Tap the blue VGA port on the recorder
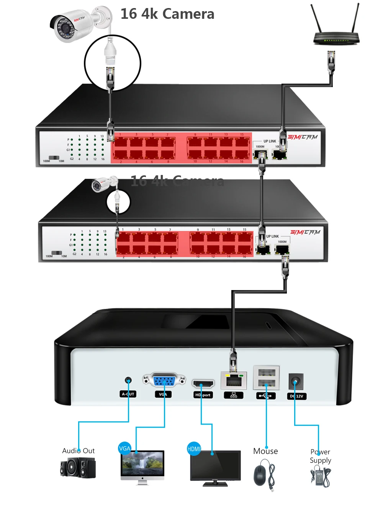tap(164, 381)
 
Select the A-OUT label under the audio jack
tap(128, 394)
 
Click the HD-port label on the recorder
tap(203, 395)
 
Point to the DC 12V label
tap(296, 396)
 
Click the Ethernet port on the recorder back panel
tap(234, 380)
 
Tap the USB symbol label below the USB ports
tap(265, 396)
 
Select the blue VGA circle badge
tap(125, 448)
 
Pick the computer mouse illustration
tap(260, 476)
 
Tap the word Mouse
tap(265, 451)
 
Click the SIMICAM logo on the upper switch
tap(303, 137)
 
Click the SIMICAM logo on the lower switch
tap(305, 232)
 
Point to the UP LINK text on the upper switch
tap(270, 141)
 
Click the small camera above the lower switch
tap(101, 185)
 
